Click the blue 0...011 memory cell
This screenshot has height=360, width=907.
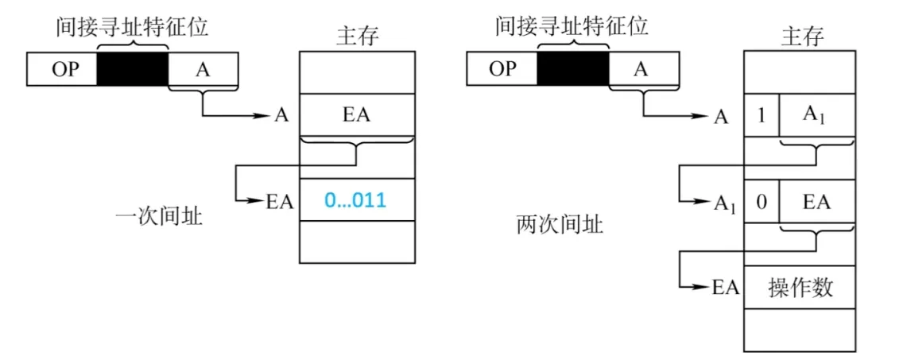pyautogui.click(x=356, y=200)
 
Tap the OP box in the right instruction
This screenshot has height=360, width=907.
pyautogui.click(x=502, y=69)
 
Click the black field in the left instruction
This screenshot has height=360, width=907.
pyautogui.click(x=133, y=70)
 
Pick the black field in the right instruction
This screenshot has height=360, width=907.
pyautogui.click(x=572, y=69)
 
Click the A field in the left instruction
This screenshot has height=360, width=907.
pyautogui.click(x=203, y=70)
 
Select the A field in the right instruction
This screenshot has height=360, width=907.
pyautogui.click(x=643, y=69)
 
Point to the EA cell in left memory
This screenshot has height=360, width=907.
pyautogui.click(x=356, y=115)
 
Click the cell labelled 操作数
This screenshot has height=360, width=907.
pyautogui.click(x=800, y=287)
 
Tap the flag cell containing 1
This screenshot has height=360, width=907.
pyautogui.click(x=761, y=116)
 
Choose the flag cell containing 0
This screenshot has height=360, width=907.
pyautogui.click(x=761, y=201)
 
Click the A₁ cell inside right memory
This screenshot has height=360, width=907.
pyautogui.click(x=816, y=116)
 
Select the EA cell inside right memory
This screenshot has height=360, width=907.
pyautogui.click(x=816, y=201)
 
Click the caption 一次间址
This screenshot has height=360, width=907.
pyautogui.click(x=158, y=215)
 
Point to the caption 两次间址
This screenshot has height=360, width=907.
pyautogui.click(x=560, y=225)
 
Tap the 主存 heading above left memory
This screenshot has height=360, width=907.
pyautogui.click(x=357, y=36)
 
